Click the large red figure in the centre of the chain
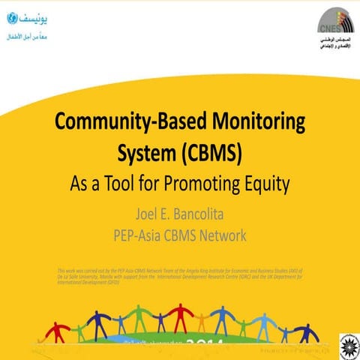pos(180,316)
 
